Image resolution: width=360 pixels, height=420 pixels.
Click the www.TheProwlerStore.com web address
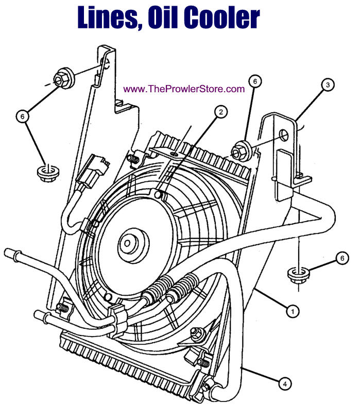184,89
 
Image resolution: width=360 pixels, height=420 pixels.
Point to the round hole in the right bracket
283,136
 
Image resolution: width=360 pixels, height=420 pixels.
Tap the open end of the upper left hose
8,254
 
